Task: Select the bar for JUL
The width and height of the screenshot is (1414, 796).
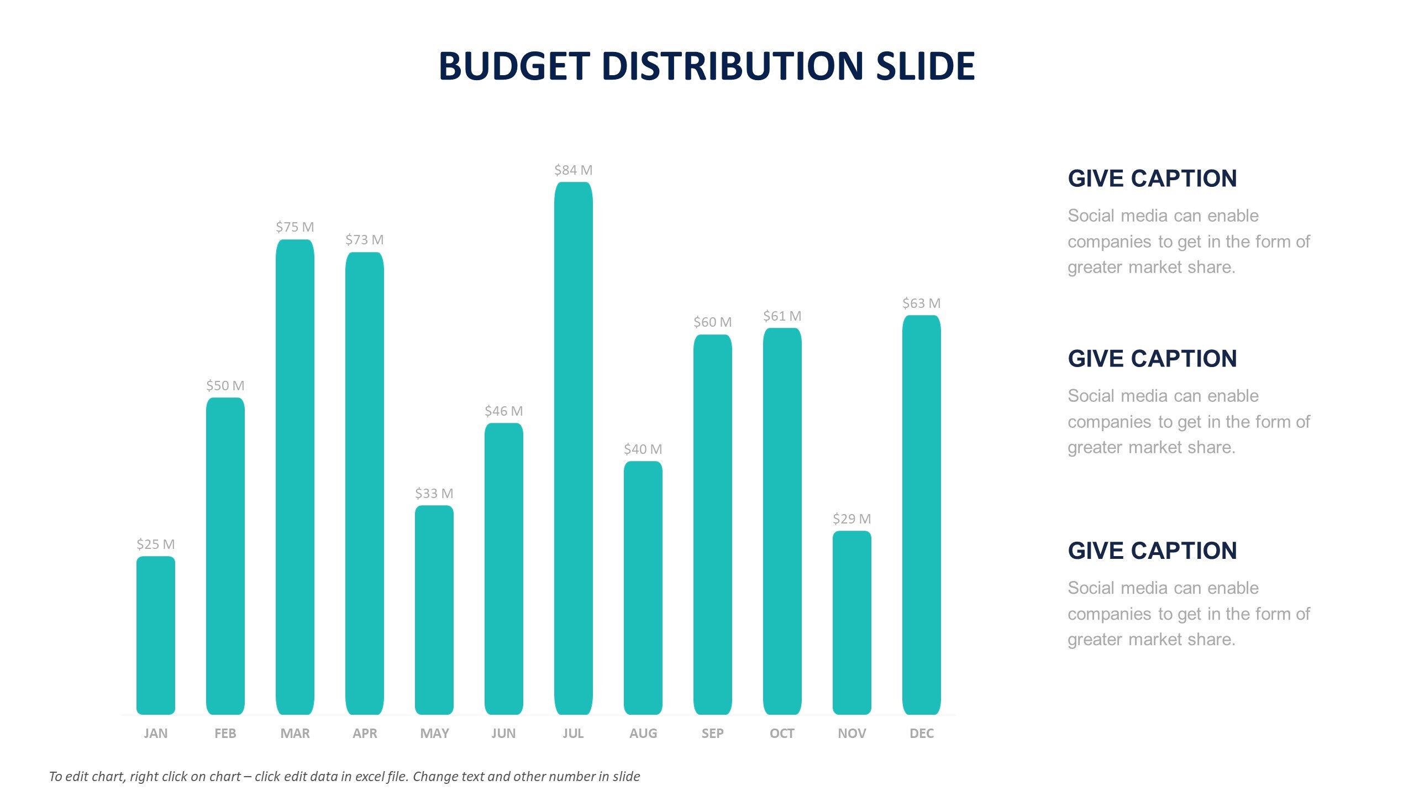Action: (x=573, y=448)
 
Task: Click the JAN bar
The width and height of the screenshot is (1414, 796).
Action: (x=155, y=636)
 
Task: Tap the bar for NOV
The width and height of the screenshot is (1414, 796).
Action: (x=851, y=623)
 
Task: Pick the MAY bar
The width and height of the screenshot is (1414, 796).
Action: (x=434, y=610)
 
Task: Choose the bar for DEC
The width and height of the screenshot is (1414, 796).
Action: (x=921, y=515)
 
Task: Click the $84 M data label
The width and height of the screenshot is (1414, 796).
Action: (x=573, y=170)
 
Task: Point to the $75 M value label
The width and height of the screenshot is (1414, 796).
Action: (x=295, y=227)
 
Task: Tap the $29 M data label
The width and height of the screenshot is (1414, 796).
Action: (x=851, y=519)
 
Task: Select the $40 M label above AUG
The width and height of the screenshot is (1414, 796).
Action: (x=643, y=449)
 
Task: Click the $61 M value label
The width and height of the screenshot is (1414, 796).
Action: (x=782, y=316)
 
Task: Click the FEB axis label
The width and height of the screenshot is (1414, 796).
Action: (x=225, y=734)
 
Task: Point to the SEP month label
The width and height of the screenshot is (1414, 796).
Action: (x=712, y=734)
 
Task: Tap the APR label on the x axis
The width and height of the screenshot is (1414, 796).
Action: (x=365, y=734)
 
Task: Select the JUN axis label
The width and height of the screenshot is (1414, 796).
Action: (x=503, y=734)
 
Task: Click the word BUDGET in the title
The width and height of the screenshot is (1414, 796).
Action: (x=514, y=66)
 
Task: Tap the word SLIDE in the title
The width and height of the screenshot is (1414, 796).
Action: (x=925, y=66)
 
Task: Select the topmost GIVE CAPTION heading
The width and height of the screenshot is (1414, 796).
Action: (x=1152, y=179)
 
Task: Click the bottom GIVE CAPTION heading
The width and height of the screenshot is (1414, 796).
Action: (x=1152, y=551)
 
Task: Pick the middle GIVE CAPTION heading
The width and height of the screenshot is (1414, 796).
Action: (x=1152, y=359)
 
